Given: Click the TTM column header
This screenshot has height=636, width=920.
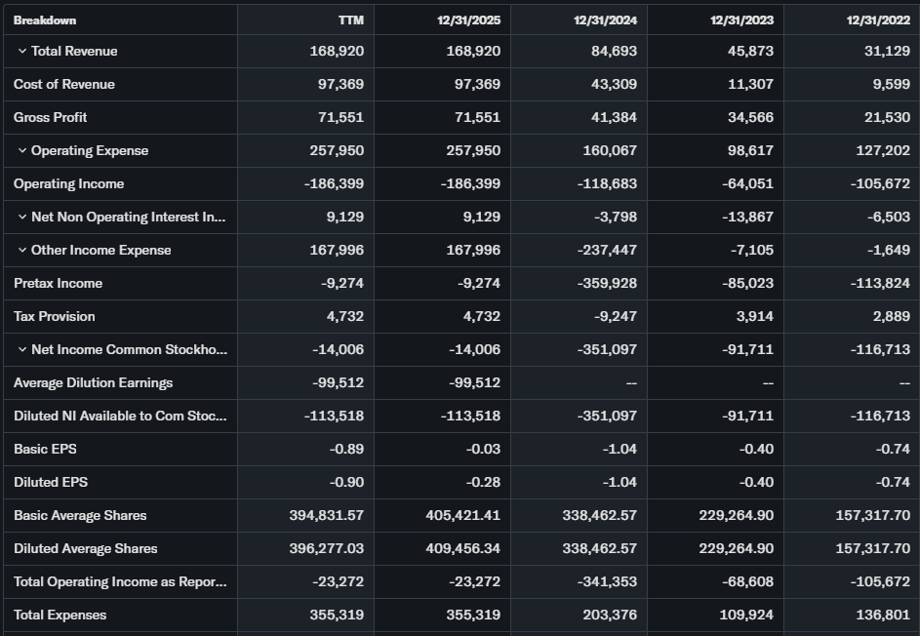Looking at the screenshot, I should click(350, 20).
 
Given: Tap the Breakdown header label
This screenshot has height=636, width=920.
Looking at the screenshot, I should click(45, 20).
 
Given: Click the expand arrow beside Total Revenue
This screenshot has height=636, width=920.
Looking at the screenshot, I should click(21, 51).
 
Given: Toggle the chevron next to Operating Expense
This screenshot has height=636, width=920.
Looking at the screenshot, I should click(21, 150).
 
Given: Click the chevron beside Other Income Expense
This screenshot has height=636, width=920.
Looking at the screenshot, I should click(21, 250).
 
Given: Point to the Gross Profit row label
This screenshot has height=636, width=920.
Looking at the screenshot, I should click(51, 117).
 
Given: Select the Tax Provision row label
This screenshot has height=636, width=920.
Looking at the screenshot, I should click(55, 316).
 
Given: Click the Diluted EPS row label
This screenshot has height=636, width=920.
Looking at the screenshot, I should click(51, 482).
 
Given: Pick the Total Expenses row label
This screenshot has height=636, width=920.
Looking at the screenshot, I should click(60, 615).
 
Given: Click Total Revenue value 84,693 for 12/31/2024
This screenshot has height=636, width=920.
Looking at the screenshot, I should click(615, 51).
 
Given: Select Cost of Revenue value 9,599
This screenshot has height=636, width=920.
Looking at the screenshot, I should click(889, 84).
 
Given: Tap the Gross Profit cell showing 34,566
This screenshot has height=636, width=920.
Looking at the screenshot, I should click(751, 117).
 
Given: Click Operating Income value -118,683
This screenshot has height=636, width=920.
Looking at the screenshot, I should click(607, 183).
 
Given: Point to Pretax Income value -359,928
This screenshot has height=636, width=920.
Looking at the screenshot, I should click(607, 283).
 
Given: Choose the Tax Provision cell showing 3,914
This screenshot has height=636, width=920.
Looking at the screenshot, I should click(754, 316).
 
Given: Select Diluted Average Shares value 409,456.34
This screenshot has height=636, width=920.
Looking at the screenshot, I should click(463, 548).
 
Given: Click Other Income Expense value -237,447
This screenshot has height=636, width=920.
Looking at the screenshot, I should click(607, 250).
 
